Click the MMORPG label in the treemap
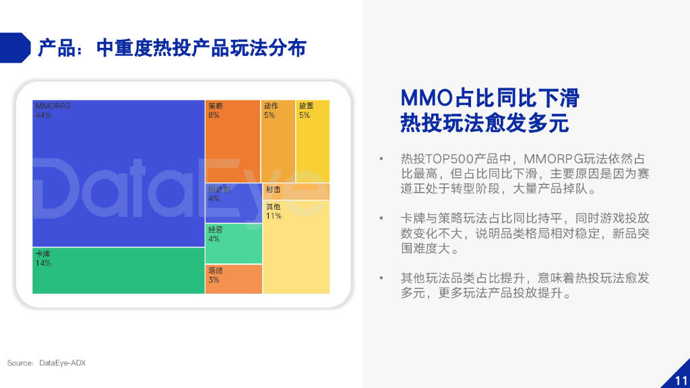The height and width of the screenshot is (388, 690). [52, 106]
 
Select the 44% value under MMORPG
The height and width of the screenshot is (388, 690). [42, 115]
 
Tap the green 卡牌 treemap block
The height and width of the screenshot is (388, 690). [118, 270]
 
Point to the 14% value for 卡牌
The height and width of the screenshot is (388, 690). [43, 263]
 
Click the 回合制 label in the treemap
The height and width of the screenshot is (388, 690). [218, 189]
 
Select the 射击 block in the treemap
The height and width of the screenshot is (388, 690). [296, 191]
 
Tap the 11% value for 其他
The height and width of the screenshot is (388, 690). [273, 216]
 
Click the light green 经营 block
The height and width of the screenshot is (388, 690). [233, 243]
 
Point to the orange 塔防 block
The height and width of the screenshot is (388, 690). [233, 279]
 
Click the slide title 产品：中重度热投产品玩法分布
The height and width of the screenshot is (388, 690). [172, 48]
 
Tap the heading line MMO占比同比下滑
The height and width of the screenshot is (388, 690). [490, 98]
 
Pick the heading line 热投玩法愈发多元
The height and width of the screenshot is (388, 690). [484, 124]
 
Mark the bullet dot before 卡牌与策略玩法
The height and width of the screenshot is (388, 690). [381, 218]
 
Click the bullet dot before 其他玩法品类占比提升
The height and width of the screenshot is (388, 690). [381, 278]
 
